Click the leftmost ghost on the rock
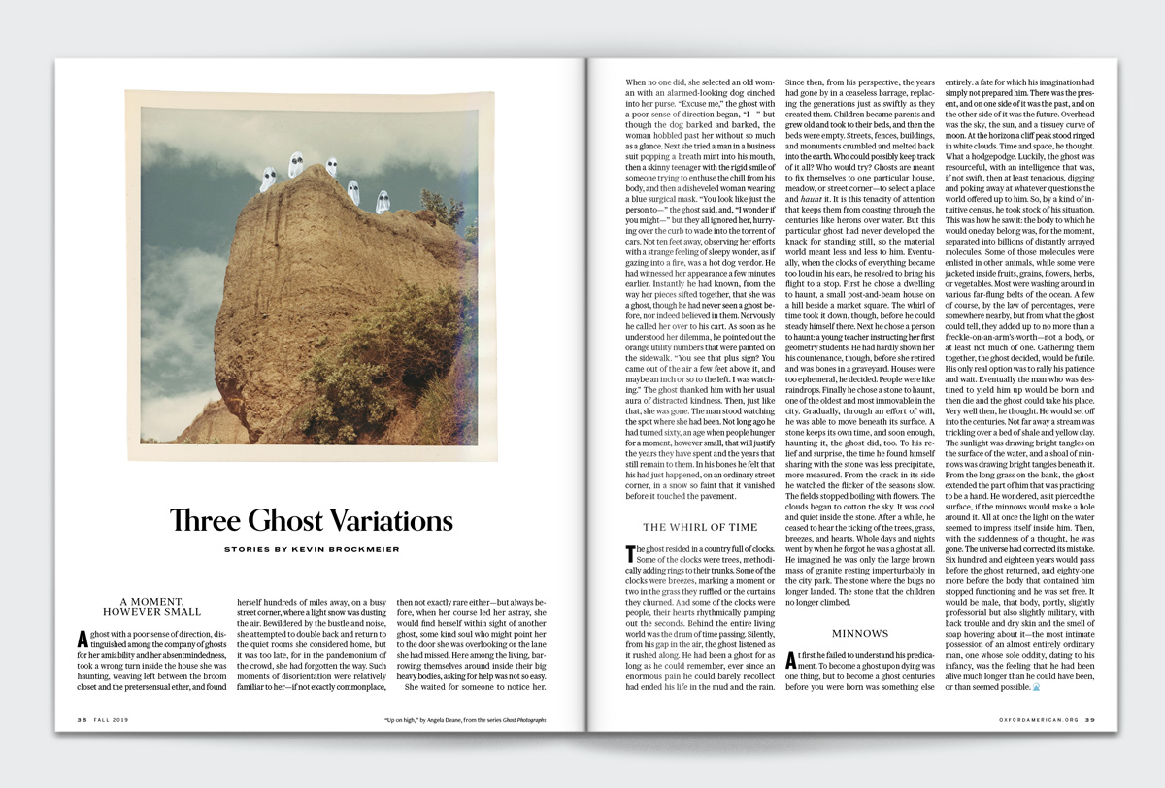pos(268,180)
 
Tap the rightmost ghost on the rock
pos(382,202)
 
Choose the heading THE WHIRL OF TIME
pos(700,527)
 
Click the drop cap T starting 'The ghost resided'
pos(630,554)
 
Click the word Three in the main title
pos(206,520)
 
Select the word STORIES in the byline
pos(245,549)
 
